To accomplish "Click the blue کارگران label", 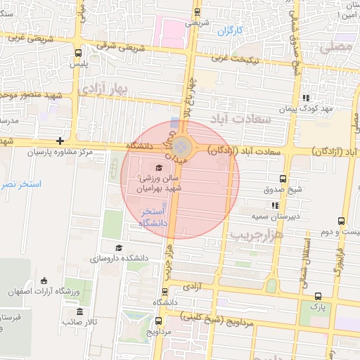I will pyautogui.click(x=229, y=32).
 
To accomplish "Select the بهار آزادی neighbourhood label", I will pyautogui.click(x=103, y=89).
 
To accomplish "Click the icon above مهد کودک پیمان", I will pyautogui.click(x=306, y=98).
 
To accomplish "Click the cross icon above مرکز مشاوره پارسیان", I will pyautogui.click(x=61, y=141).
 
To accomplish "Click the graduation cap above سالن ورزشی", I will pyautogui.click(x=158, y=167).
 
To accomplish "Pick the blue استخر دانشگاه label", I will pyautogui.click(x=152, y=217).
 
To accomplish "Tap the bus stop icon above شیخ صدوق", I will pyautogui.click(x=283, y=179).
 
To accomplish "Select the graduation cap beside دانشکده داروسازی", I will pyautogui.click(x=119, y=247).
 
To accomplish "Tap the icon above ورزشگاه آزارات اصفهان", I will pyautogui.click(x=44, y=281).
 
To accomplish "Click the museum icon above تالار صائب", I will pyautogui.click(x=79, y=311).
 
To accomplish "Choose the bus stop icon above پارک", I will pyautogui.click(x=319, y=296).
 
